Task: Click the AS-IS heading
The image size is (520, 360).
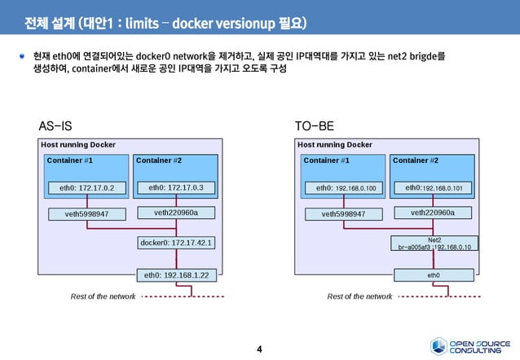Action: (55, 127)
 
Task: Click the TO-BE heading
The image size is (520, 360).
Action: (314, 127)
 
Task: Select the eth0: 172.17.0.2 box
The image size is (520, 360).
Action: (81, 188)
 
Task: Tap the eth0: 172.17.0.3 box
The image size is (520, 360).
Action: (176, 188)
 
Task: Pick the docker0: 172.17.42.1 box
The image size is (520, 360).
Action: (177, 242)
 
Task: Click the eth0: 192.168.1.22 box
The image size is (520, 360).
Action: (177, 275)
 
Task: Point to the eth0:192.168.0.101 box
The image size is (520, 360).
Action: (433, 188)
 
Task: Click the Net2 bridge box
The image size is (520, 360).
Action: (434, 243)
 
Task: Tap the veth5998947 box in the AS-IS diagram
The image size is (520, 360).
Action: (81, 214)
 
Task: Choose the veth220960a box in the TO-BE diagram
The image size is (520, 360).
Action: (433, 213)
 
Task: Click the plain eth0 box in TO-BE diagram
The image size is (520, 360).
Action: (434, 275)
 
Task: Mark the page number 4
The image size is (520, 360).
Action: (259, 349)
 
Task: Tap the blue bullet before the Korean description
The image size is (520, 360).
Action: (24, 56)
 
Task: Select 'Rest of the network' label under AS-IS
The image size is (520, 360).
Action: (103, 296)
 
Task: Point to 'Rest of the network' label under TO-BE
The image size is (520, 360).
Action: (359, 296)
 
